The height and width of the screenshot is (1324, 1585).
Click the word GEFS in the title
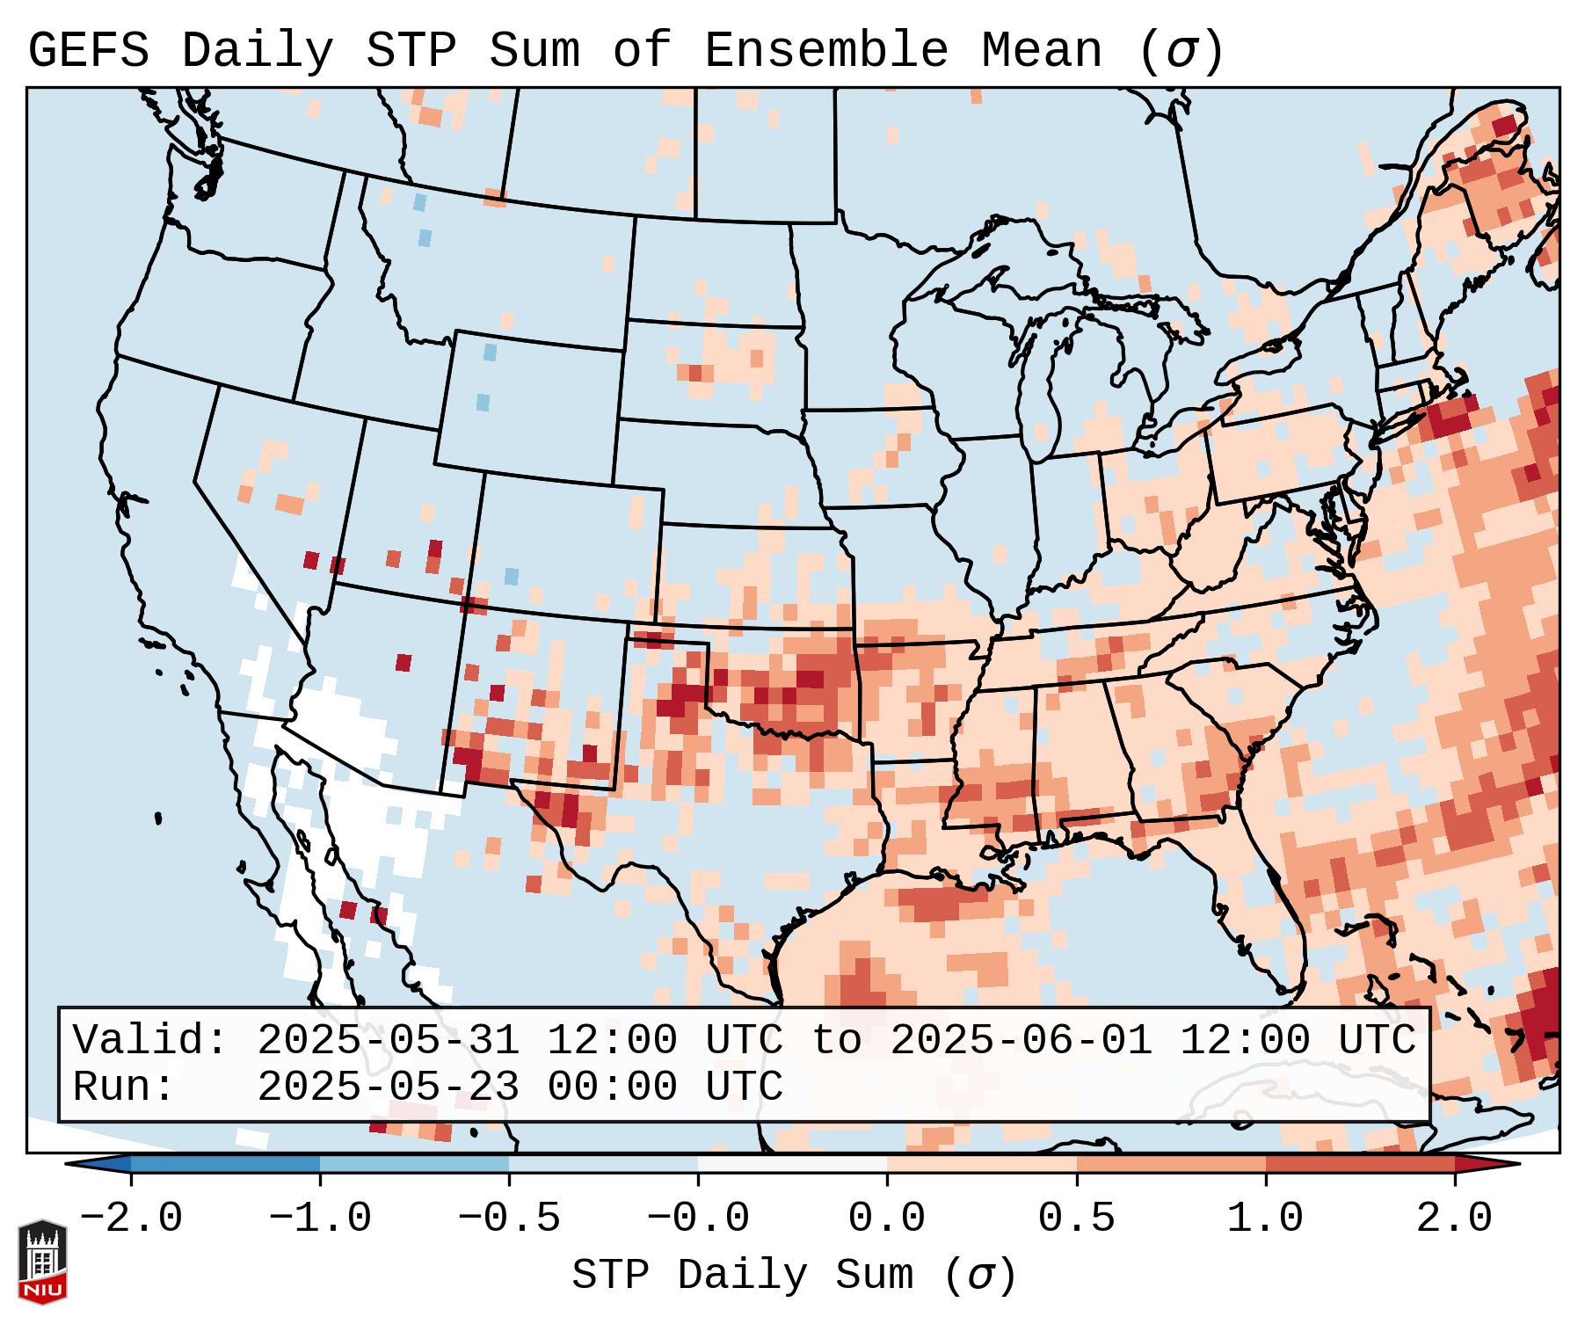coord(88,51)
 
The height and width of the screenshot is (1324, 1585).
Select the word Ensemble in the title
coord(826,51)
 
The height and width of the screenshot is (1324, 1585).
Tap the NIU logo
coord(42,1262)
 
